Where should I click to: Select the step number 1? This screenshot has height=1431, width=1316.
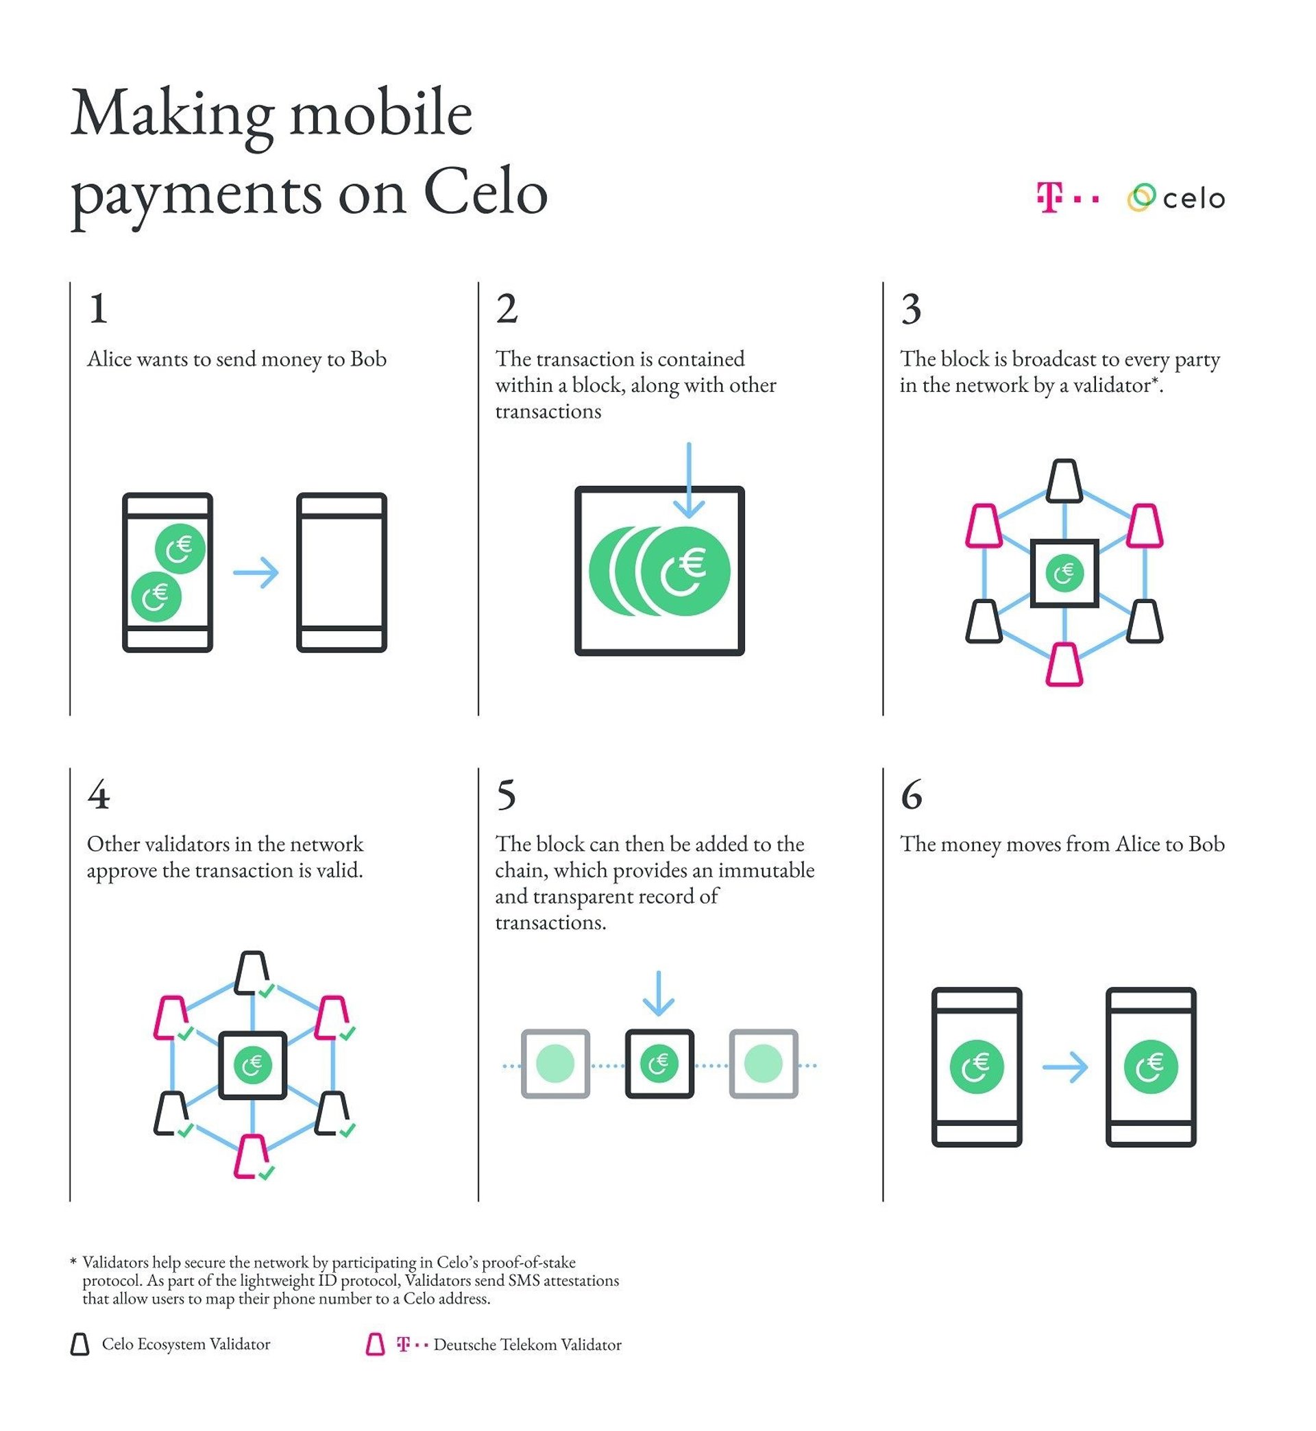click(98, 309)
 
